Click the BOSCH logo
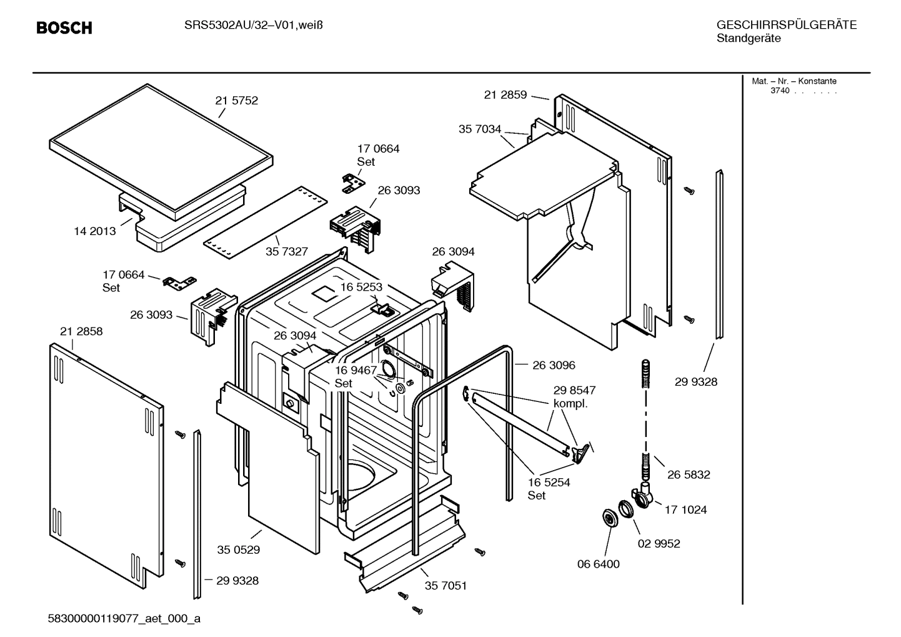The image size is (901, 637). [x=64, y=28]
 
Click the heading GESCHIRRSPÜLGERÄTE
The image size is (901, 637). [x=786, y=25]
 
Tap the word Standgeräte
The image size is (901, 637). [x=748, y=39]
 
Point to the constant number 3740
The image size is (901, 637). [x=780, y=91]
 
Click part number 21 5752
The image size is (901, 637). [x=236, y=101]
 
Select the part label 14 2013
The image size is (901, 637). [x=95, y=231]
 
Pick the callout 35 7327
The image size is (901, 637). [x=287, y=251]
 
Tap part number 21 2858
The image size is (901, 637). [x=81, y=331]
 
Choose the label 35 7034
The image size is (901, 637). [x=480, y=129]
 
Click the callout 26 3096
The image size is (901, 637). [x=554, y=365]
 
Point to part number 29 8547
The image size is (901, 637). [x=574, y=390]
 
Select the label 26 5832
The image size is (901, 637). [x=689, y=474]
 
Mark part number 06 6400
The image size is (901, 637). [x=598, y=564]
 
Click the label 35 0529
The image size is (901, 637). [x=239, y=550]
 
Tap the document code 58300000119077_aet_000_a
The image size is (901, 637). [x=124, y=619]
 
